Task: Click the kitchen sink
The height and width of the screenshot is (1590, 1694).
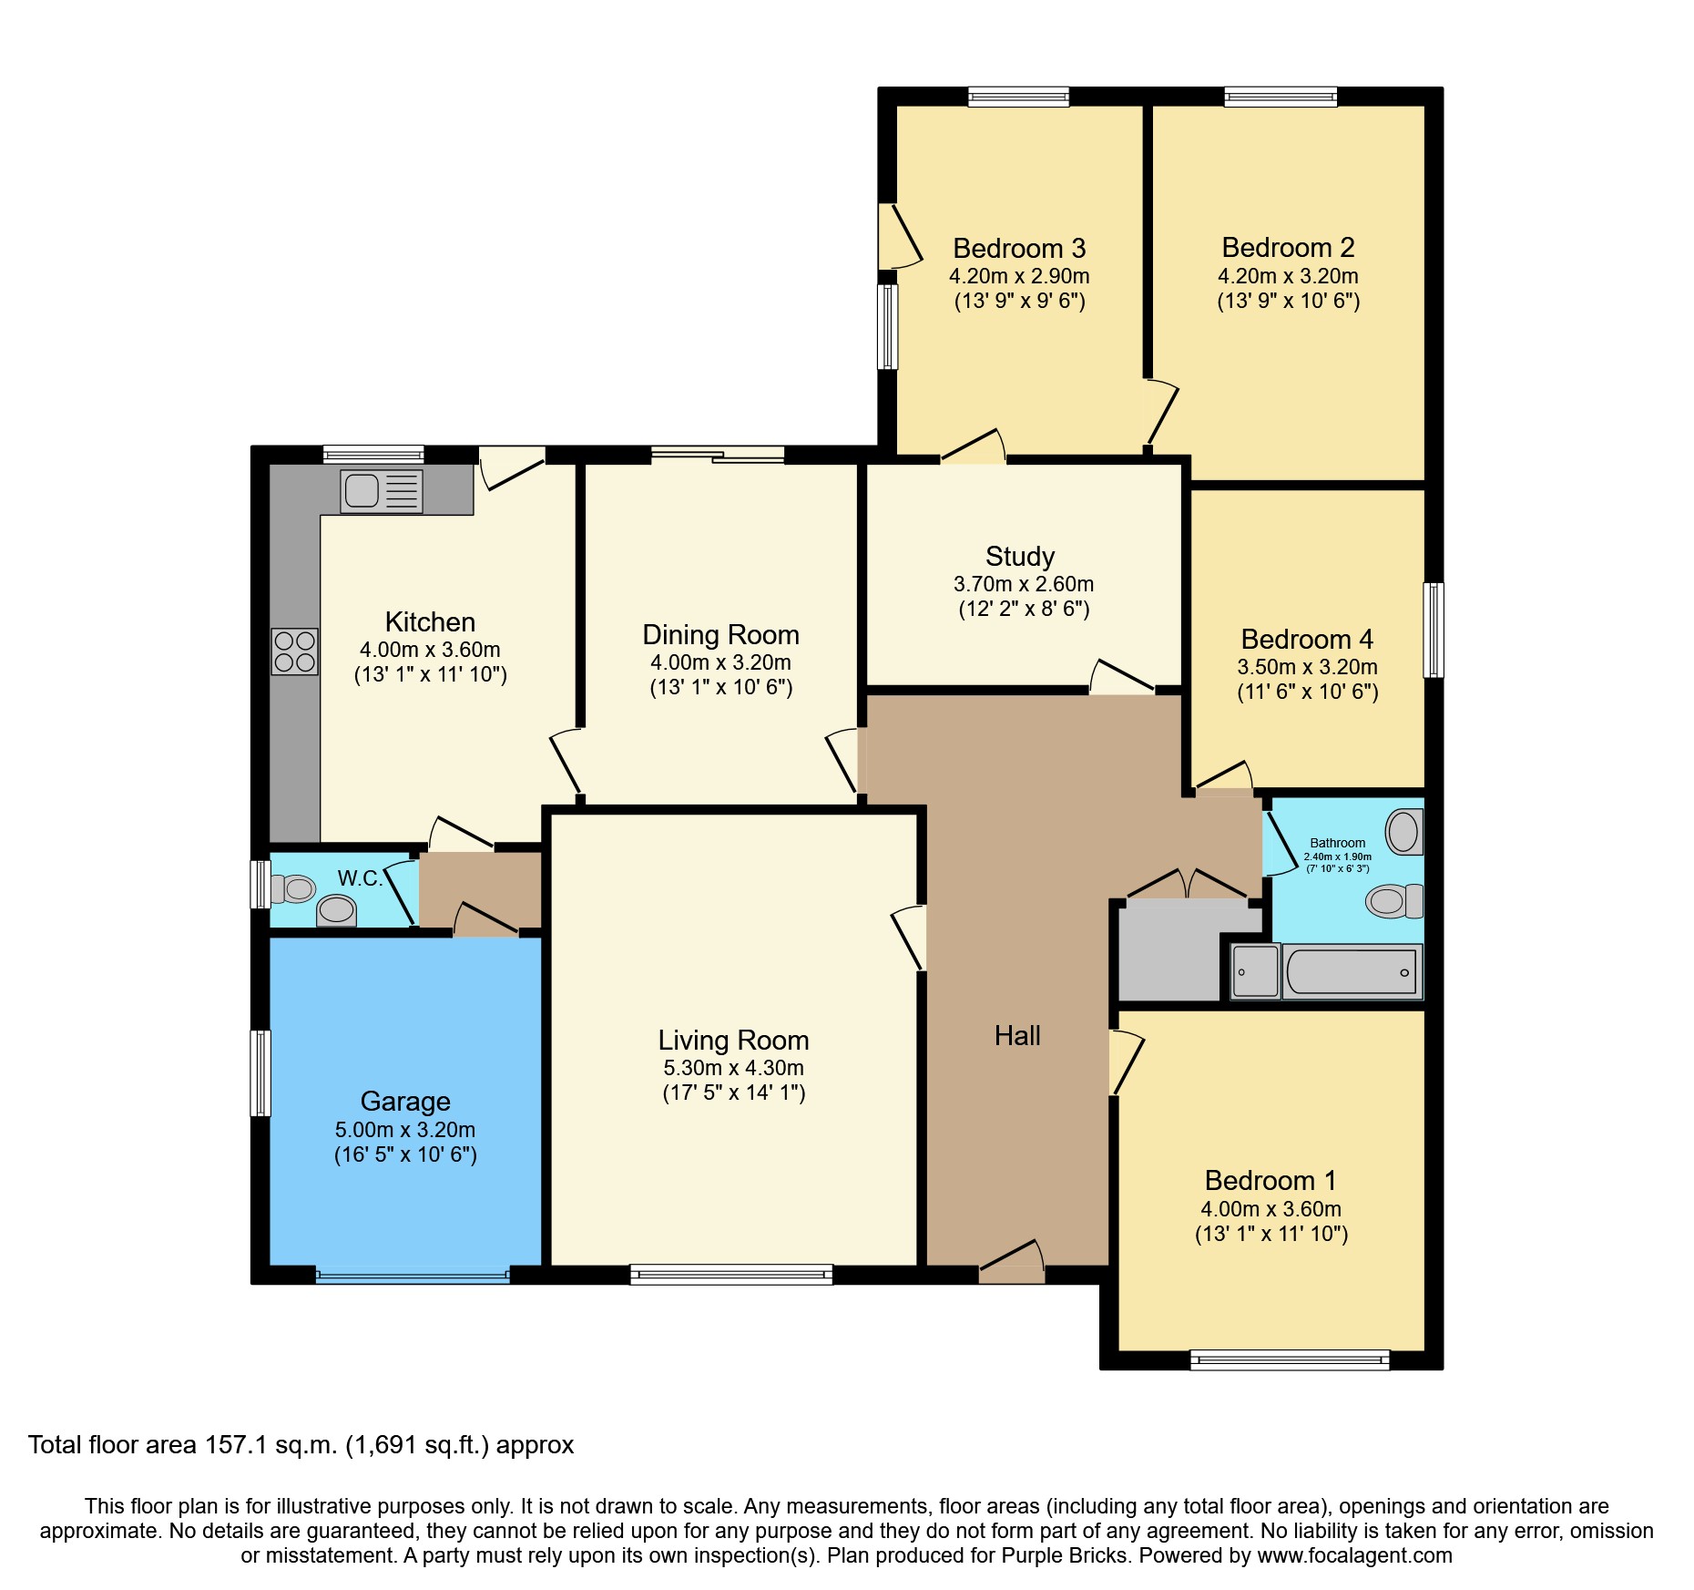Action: click(x=381, y=491)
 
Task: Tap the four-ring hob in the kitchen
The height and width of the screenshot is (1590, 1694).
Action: click(x=294, y=651)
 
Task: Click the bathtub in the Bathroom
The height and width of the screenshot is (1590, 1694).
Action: click(x=1352, y=971)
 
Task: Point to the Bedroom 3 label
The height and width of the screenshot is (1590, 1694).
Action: click(x=1019, y=249)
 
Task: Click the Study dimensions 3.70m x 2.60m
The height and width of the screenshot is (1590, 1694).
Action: click(x=1024, y=584)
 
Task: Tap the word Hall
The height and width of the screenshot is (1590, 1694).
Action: click(x=1017, y=1036)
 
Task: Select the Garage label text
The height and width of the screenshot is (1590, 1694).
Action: click(x=405, y=1102)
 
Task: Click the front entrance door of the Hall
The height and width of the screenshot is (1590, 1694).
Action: click(x=1011, y=1267)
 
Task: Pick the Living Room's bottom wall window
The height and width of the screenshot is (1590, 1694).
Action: click(x=731, y=1274)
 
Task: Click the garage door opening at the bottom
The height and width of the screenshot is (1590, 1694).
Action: click(x=413, y=1276)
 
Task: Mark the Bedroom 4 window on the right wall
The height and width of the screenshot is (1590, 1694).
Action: click(x=1434, y=630)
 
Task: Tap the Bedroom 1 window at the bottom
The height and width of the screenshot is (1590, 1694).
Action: click(x=1290, y=1360)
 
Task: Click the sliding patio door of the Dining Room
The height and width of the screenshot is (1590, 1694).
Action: click(x=718, y=455)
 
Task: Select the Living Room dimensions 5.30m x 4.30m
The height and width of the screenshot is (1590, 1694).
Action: click(x=733, y=1068)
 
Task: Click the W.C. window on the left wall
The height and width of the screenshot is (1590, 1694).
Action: click(x=260, y=884)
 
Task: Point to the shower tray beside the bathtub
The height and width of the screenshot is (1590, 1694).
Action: click(x=1256, y=971)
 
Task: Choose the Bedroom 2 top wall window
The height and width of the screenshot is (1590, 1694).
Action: click(x=1281, y=97)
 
